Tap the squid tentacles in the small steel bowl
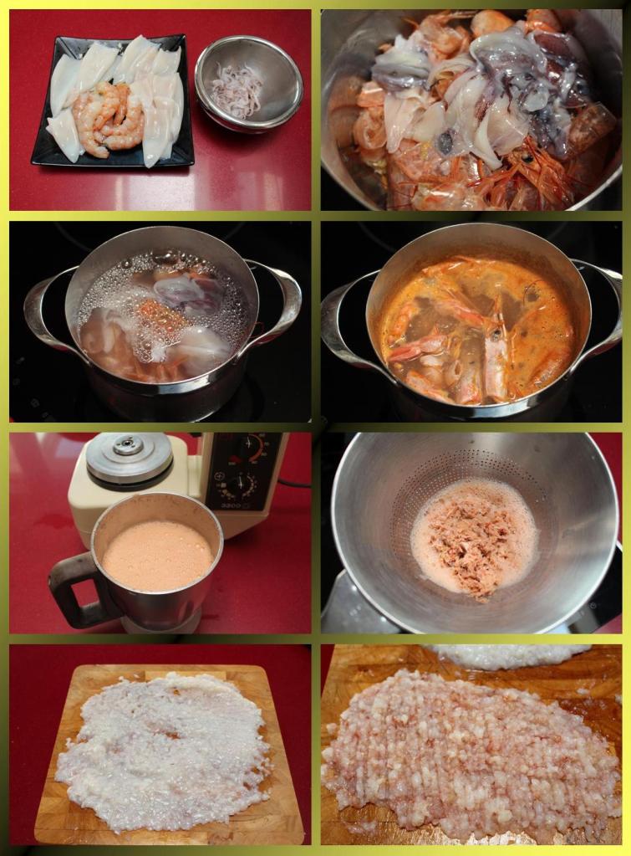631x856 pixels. pos(237,90)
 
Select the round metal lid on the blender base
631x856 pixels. pos(129,457)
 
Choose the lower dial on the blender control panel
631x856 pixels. pos(242,486)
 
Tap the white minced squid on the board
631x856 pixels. pos(163,749)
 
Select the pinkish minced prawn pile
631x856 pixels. pos(468,753)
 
